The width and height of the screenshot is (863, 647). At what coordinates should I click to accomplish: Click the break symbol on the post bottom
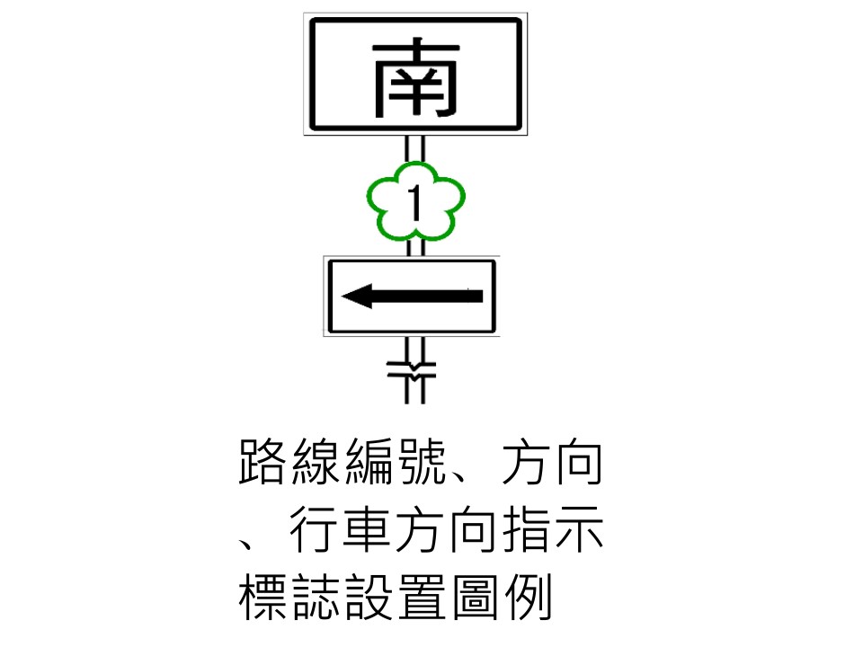click(x=414, y=368)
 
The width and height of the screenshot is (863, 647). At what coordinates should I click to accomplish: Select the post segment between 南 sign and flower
click(x=414, y=149)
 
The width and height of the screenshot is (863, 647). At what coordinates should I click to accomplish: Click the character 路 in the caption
click(x=263, y=463)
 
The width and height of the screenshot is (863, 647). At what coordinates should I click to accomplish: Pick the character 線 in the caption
click(x=316, y=463)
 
